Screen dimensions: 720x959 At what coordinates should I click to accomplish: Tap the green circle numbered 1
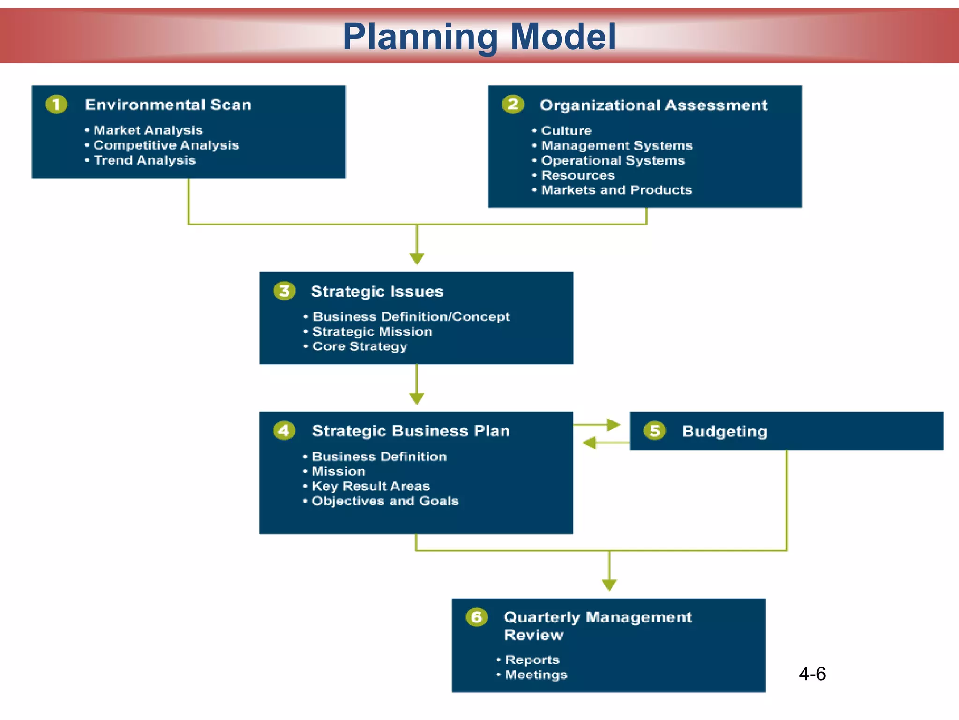[x=57, y=104]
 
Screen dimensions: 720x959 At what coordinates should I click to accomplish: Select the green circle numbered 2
[x=513, y=104]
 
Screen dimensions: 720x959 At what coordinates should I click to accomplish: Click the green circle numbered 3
[x=285, y=291]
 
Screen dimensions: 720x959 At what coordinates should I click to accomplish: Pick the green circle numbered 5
[x=655, y=430]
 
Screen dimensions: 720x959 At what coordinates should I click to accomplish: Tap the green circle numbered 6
[x=477, y=617]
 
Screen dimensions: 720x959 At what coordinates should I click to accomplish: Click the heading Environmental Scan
[x=168, y=105]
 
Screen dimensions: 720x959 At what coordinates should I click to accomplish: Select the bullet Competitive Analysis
[x=166, y=145]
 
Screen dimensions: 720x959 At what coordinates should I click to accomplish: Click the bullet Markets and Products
[x=616, y=190]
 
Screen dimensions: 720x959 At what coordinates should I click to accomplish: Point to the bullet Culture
[x=566, y=131]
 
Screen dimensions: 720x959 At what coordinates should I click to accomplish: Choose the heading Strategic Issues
[x=377, y=292]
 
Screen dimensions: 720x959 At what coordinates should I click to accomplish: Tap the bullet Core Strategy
[x=360, y=346]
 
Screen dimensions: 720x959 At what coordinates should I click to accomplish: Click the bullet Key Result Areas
[x=371, y=486]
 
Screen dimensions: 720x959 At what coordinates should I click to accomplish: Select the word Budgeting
[x=724, y=431]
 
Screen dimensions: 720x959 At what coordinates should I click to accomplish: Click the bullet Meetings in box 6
[x=536, y=675]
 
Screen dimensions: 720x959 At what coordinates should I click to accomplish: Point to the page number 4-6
[x=812, y=674]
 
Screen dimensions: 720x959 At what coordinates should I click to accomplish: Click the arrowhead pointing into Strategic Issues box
[x=417, y=258]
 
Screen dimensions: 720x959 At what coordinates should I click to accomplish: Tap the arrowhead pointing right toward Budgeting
[x=613, y=425]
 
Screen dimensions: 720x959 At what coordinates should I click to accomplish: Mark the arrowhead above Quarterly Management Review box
[x=609, y=585]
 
